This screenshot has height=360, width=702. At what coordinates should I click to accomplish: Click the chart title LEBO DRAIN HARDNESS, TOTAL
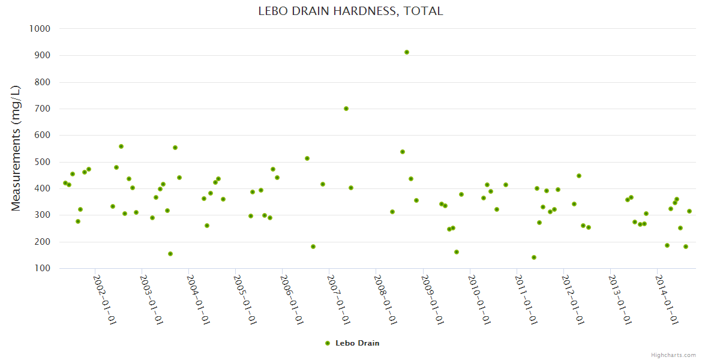coord(350,11)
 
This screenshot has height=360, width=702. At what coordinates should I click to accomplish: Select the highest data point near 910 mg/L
coord(407,52)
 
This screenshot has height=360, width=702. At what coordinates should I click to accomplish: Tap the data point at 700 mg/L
coord(346,109)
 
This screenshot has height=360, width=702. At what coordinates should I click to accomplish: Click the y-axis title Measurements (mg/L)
coord(16,148)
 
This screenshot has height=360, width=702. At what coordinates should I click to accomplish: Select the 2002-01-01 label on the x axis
coord(104,299)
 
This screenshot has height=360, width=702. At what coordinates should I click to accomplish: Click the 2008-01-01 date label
coord(385,299)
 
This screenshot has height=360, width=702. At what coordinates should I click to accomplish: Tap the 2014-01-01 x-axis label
coord(666,299)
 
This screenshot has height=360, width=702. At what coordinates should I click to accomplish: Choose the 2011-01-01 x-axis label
coord(526,299)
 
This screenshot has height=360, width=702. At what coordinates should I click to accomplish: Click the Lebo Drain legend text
coord(358,343)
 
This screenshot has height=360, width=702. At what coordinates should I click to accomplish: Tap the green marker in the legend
coord(328,343)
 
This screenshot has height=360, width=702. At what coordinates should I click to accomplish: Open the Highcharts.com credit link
coord(673,355)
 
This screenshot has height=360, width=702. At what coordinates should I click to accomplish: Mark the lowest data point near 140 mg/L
coord(534,257)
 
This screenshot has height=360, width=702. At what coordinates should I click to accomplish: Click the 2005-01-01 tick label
coord(245,299)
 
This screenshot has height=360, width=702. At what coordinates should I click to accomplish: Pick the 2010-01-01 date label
coord(479,299)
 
